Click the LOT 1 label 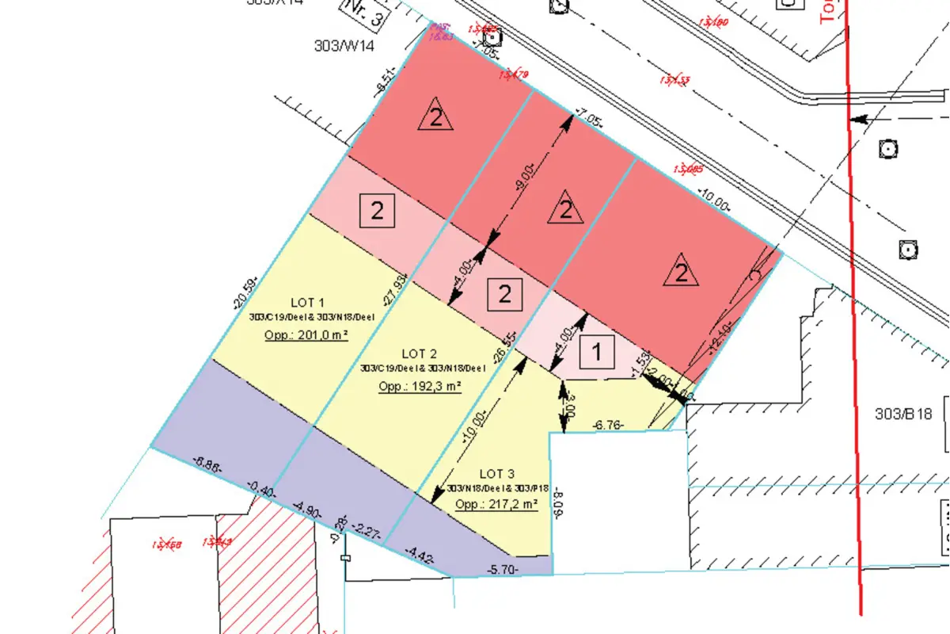pos(308,302)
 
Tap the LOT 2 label pos(420,353)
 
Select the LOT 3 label pos(497,474)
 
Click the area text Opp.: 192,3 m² pos(420,387)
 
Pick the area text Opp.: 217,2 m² pos(497,504)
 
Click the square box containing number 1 pos(598,351)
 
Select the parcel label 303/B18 pos(905,414)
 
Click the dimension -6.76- pos(608,426)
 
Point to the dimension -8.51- pos(386,82)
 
